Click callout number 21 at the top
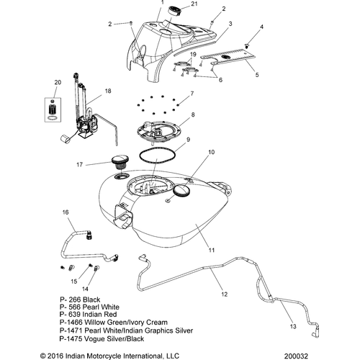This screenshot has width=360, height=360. (x=194, y=4)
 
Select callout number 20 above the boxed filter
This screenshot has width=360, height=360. (x=58, y=82)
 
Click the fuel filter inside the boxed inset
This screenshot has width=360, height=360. (x=53, y=109)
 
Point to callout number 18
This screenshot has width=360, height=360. (x=108, y=91)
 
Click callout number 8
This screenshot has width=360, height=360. (x=193, y=114)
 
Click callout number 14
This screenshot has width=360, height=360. (x=85, y=289)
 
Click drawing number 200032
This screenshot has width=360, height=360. (x=296, y=356)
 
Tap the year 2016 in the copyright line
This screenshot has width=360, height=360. (x=55, y=356)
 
